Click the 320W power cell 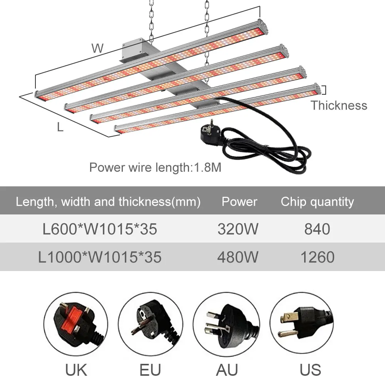click(x=238, y=229)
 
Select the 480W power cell click(x=238, y=257)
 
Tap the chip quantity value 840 click(x=317, y=229)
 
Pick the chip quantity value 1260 click(x=317, y=257)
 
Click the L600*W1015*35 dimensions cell click(x=100, y=229)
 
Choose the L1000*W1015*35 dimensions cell click(x=100, y=257)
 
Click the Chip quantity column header click(x=317, y=202)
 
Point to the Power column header click(x=239, y=202)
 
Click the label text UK click(x=76, y=370)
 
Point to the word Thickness click(x=339, y=105)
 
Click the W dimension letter click(x=97, y=49)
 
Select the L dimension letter click(x=60, y=127)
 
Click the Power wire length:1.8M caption click(x=155, y=167)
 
